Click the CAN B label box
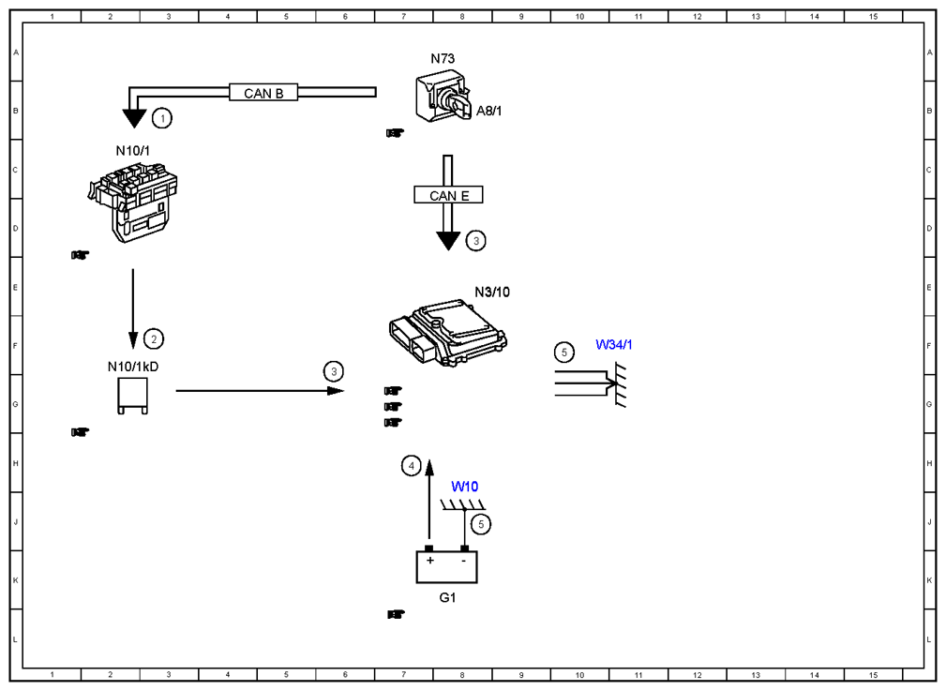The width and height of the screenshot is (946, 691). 263,92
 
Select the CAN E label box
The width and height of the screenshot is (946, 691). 448,195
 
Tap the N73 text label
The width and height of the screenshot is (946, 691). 443,58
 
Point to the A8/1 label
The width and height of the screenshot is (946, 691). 488,111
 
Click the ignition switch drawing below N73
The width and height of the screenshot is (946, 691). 443,96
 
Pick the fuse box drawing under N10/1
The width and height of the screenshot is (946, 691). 133,203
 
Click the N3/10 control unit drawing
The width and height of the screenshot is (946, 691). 447,333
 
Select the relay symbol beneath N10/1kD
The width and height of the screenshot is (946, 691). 133,396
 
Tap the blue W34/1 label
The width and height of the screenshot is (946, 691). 613,345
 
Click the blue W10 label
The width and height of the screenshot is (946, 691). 464,487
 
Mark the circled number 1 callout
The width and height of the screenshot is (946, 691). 161,118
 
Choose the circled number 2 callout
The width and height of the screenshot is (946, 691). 153,339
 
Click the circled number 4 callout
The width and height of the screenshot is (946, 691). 412,466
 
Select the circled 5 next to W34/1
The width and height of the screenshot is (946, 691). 564,353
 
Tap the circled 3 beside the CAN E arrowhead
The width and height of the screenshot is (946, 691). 476,241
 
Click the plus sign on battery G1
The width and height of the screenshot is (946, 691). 429,561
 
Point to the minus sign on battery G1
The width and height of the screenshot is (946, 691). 463,561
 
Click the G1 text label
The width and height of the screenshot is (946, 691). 447,597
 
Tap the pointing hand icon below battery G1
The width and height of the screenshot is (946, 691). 396,614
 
